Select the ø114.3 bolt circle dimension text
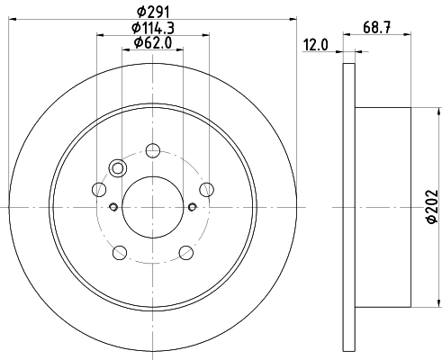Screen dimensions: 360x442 tap(152, 30)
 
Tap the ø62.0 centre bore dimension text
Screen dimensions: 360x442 tap(152, 43)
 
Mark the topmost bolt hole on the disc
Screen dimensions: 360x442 tap(152, 150)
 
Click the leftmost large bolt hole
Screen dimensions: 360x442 tap(98, 189)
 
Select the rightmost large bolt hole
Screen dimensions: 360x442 tap(207, 188)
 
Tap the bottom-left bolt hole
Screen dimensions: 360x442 tap(119, 252)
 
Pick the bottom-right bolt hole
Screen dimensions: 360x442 tap(185, 252)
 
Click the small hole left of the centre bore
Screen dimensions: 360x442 tap(113, 207)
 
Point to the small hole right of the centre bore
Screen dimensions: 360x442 tap(193, 207)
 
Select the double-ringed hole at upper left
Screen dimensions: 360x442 tap(116, 167)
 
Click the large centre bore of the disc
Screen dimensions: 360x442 tap(152, 207)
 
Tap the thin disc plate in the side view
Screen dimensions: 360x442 tap(349, 207)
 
